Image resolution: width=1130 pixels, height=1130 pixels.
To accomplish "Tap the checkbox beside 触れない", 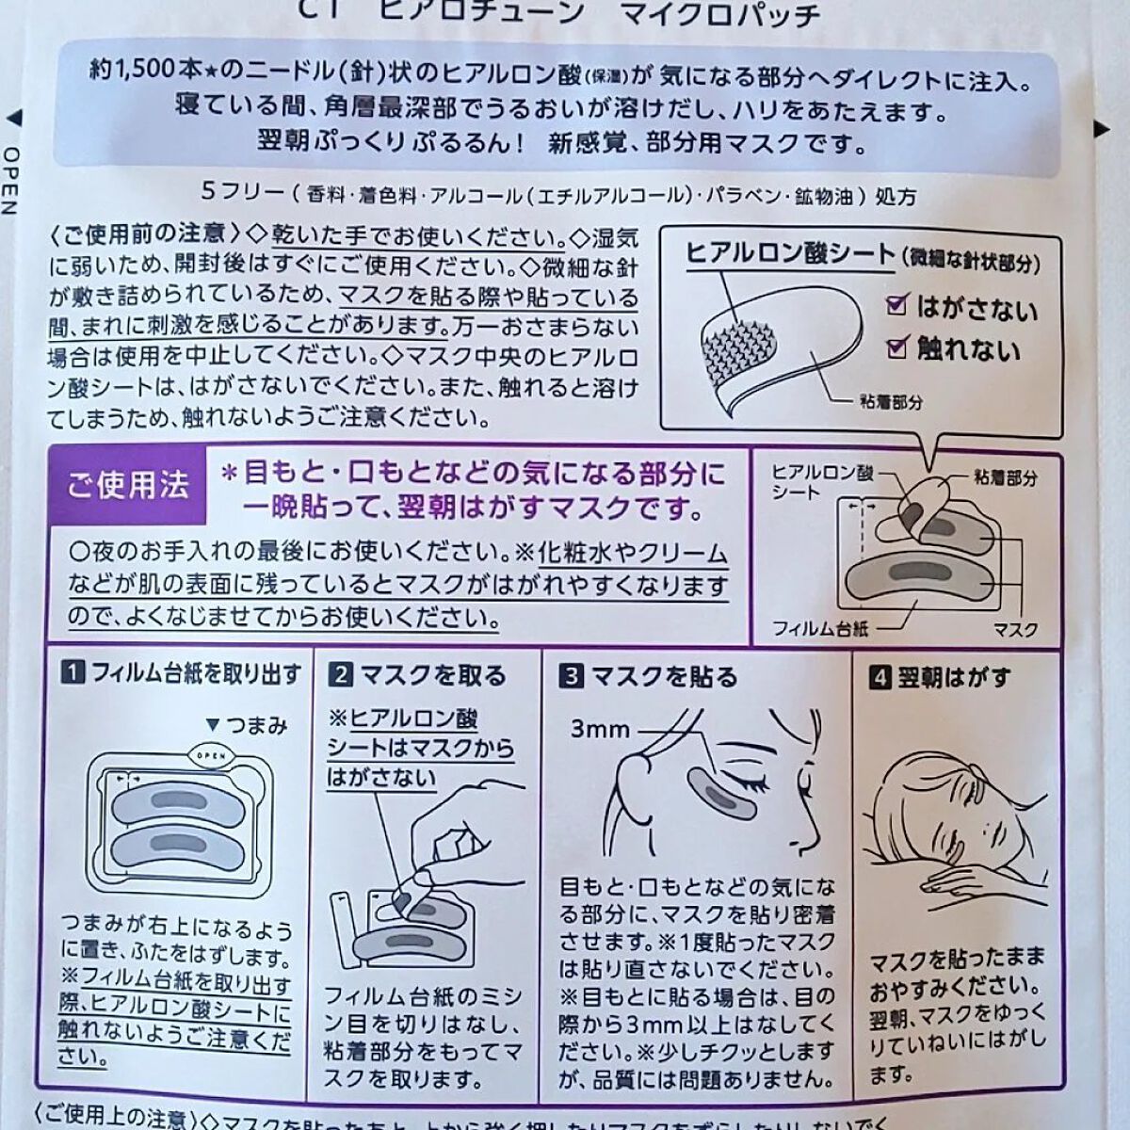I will coord(897,348).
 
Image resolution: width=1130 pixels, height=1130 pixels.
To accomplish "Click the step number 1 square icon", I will coord(73,674).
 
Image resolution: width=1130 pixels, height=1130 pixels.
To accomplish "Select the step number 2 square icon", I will coord(341,675).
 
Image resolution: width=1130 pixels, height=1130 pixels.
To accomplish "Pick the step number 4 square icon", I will coord(879,676).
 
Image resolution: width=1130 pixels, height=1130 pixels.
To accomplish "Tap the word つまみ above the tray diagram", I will coord(256,725).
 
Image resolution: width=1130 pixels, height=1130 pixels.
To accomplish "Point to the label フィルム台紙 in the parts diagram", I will coord(820,627).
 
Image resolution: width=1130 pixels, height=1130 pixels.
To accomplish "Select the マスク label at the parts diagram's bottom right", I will coord(1015,629).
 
